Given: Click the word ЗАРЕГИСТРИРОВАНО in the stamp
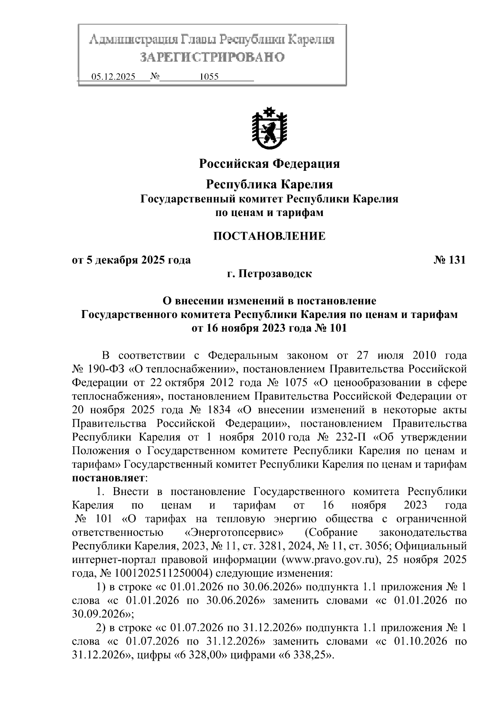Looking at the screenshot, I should [212, 57].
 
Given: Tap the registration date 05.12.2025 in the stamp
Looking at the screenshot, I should [113, 77].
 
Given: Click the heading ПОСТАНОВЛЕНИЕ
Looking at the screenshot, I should [269, 236].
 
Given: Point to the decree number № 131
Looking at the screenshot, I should [449, 260].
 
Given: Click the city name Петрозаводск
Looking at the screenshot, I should [275, 274].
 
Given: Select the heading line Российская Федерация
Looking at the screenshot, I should [269, 163].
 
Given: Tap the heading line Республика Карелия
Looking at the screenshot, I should [269, 184].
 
